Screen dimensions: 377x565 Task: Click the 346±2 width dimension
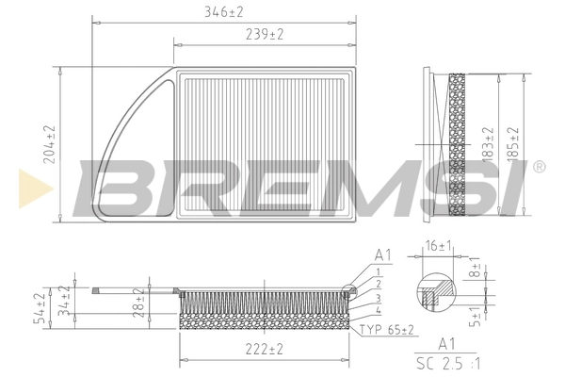click(224, 11)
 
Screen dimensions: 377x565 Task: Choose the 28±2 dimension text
click(138, 303)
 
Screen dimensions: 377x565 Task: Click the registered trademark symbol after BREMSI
click(539, 168)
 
